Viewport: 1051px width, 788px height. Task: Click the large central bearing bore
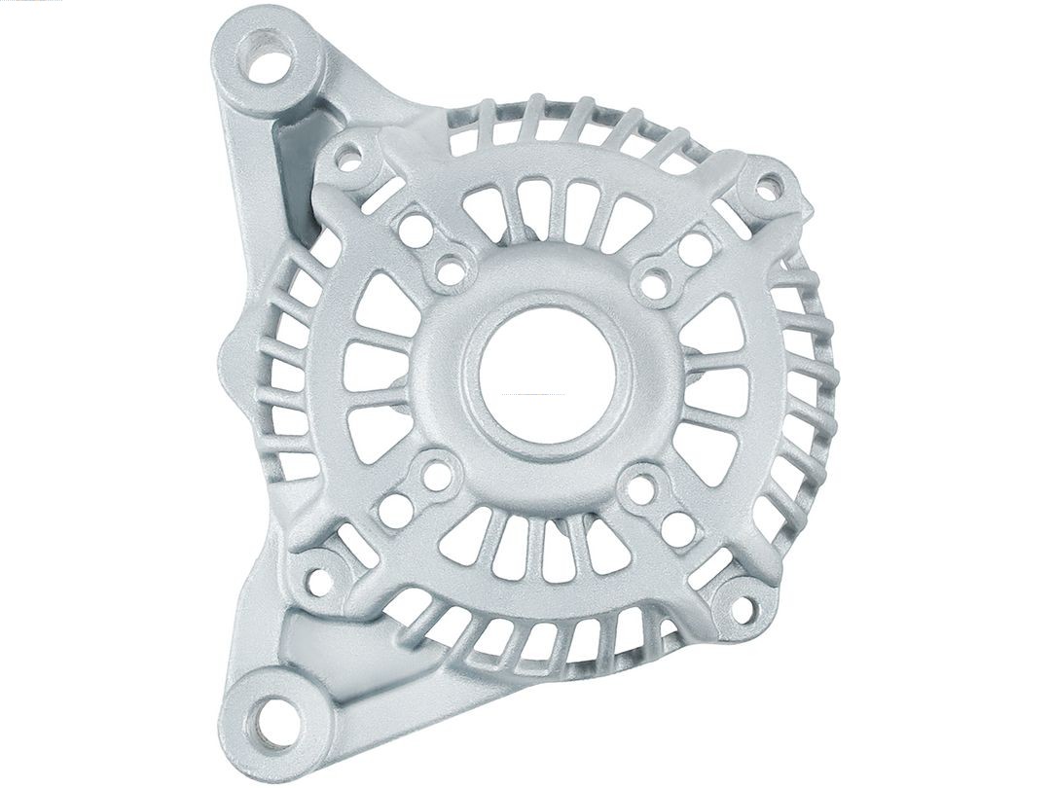pos(547,376)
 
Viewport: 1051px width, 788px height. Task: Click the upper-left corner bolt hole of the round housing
pos(348,161)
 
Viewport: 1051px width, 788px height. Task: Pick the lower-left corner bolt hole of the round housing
pos(318,581)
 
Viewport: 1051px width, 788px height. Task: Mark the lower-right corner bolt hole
pos(742,610)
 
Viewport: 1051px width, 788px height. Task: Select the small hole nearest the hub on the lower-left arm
pos(437,477)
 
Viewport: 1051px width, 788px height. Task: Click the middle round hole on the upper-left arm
pos(416,233)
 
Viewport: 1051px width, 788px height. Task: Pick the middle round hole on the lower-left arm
pos(394,510)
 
